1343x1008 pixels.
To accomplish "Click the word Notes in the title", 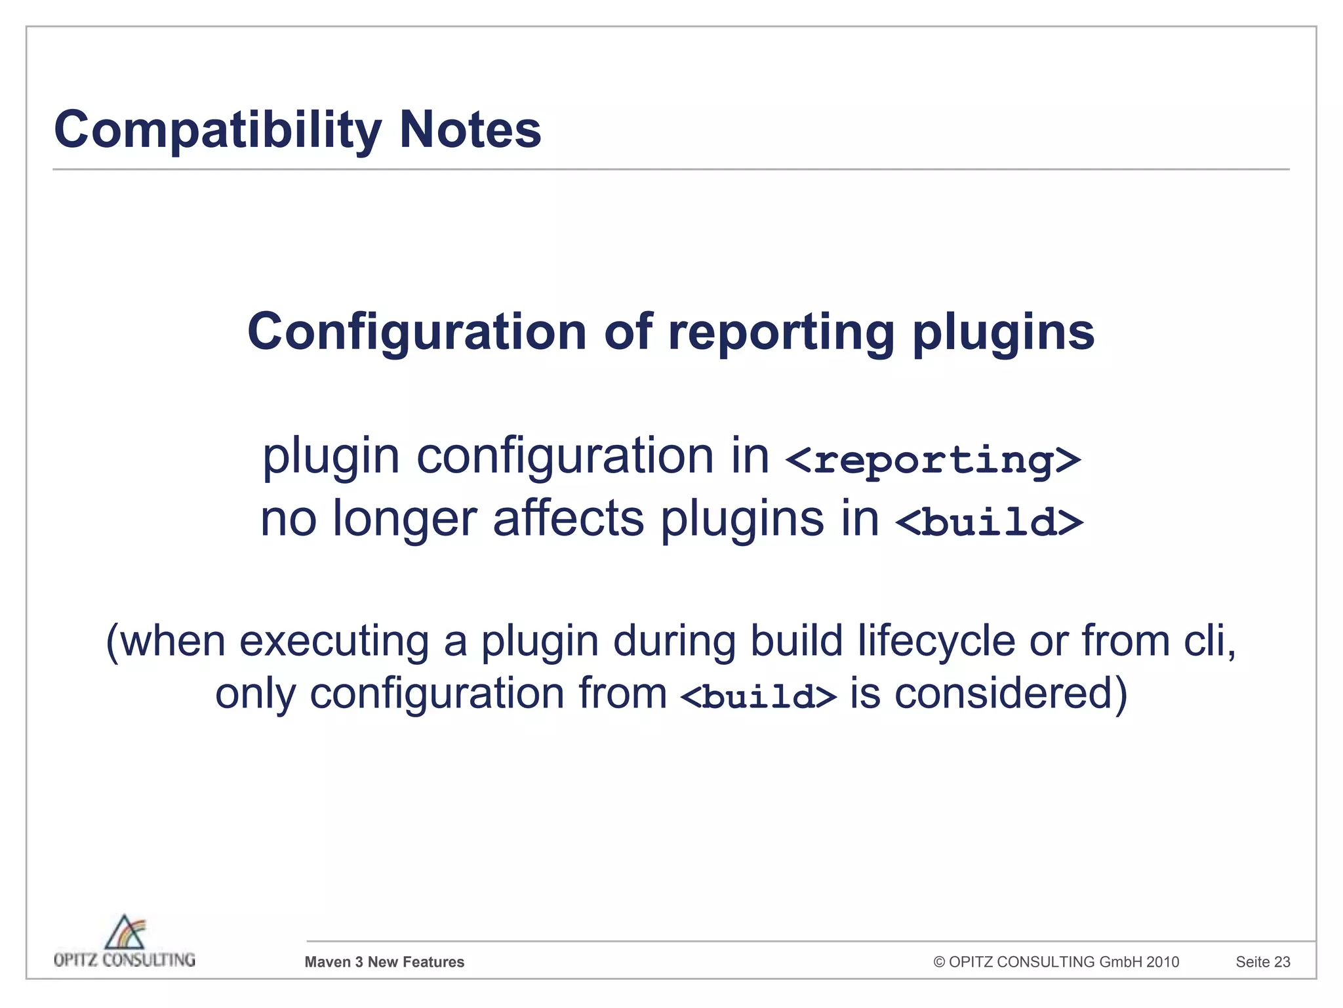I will click(470, 130).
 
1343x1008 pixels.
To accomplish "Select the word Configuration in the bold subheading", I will click(417, 332).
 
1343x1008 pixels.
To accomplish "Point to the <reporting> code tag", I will click(932, 459).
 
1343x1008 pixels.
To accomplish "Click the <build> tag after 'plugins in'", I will click(989, 522).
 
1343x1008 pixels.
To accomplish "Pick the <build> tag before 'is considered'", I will click(759, 696).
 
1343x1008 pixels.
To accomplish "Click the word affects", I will click(569, 518).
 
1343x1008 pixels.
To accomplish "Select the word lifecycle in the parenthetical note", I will click(936, 640).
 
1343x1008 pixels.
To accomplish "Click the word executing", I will click(334, 642).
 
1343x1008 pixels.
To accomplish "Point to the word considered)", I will click(1011, 694).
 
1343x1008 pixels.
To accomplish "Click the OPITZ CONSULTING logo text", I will click(125, 960).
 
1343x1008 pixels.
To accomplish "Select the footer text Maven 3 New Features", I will click(384, 962).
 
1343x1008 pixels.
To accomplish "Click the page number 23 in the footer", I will click(1282, 962).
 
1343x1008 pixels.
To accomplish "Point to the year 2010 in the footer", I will click(1163, 962).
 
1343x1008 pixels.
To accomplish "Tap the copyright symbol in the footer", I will click(939, 962).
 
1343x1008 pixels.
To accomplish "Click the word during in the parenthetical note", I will click(675, 640).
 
